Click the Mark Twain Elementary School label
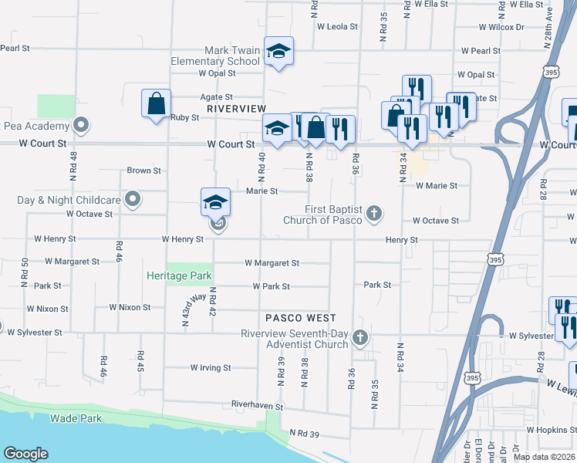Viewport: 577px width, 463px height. pyautogui.click(x=232, y=56)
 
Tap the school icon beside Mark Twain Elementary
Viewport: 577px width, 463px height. pyautogui.click(x=278, y=52)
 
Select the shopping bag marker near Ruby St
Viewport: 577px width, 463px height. pyautogui.click(x=156, y=103)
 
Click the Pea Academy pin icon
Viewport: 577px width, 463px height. pyautogui.click(x=81, y=125)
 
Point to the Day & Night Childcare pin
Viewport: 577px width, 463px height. pyautogui.click(x=133, y=200)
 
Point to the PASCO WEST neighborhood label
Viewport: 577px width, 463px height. pyautogui.click(x=301, y=318)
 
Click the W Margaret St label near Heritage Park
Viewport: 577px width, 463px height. pyautogui.click(x=272, y=263)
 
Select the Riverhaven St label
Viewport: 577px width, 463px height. pyautogui.click(x=258, y=405)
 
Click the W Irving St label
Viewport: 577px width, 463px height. pyautogui.click(x=211, y=368)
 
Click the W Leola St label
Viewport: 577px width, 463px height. pyautogui.click(x=338, y=25)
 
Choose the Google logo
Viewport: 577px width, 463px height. pyautogui.click(x=25, y=454)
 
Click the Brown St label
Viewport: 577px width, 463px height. pyautogui.click(x=143, y=171)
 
